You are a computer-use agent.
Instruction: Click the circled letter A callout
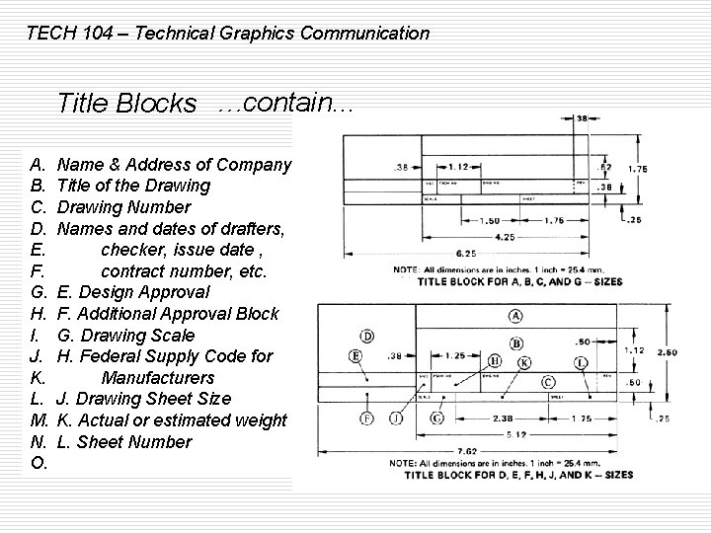click(x=514, y=316)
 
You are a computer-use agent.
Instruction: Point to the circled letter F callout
click(x=365, y=418)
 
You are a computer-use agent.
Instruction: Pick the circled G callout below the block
click(x=436, y=419)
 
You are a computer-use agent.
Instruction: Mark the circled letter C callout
click(x=547, y=382)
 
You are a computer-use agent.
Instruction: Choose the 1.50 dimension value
click(x=490, y=221)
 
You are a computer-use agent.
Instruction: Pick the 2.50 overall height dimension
click(x=667, y=352)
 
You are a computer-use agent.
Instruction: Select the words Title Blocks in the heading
click(x=127, y=103)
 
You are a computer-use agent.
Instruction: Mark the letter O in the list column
click(x=39, y=464)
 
